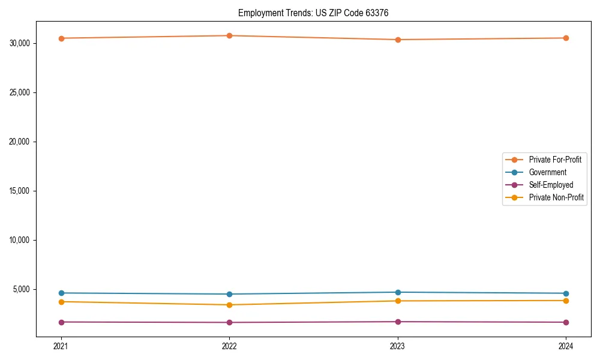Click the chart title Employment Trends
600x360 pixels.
click(313, 13)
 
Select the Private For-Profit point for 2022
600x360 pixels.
click(229, 35)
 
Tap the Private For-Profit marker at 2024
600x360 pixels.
click(566, 38)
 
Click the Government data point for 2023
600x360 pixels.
click(398, 292)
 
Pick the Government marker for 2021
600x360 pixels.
click(61, 293)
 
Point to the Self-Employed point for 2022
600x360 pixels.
click(229, 322)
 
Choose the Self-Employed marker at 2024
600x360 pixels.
click(566, 322)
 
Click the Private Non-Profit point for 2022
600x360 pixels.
click(229, 305)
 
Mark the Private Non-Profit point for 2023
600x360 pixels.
click(398, 301)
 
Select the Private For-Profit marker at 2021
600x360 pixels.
click(61, 38)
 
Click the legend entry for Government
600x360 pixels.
click(547, 172)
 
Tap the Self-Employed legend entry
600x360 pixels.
click(551, 185)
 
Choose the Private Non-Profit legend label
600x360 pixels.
click(556, 197)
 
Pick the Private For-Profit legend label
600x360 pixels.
click(555, 160)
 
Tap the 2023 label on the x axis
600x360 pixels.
click(398, 346)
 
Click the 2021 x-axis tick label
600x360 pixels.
click(61, 346)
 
